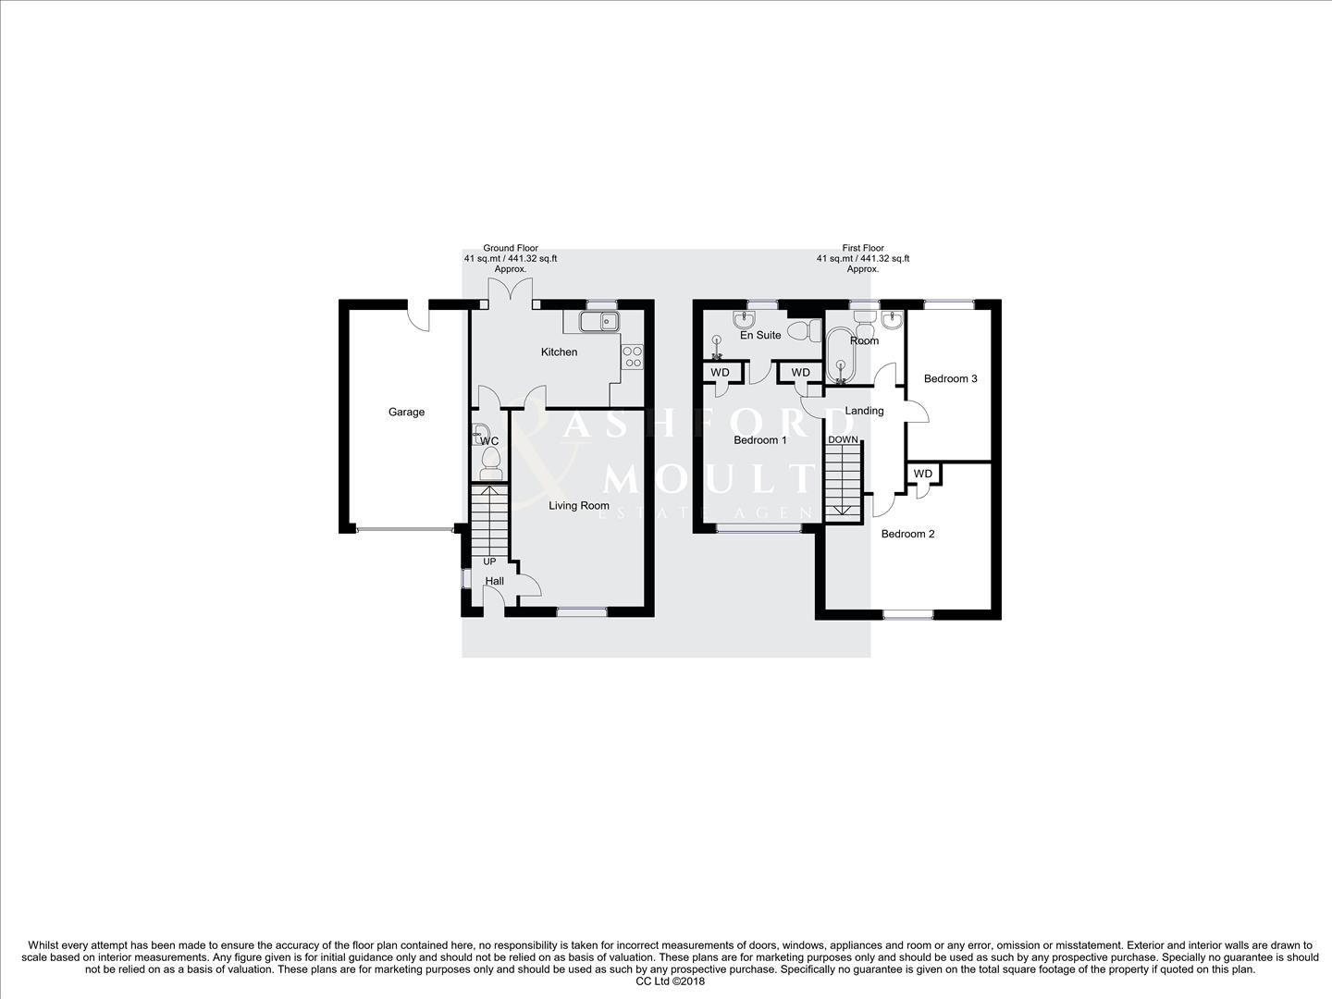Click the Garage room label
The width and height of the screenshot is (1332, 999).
tap(406, 412)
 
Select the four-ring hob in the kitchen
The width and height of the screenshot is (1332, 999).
tap(633, 356)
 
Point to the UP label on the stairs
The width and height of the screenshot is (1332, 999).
tap(489, 561)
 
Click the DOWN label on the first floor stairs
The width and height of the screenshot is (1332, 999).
tap(842, 439)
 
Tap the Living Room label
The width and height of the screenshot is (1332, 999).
tap(579, 506)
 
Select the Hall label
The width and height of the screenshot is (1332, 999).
tap(495, 581)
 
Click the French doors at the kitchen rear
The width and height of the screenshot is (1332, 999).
tap(511, 294)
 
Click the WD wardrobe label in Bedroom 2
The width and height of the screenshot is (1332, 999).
tap(922, 474)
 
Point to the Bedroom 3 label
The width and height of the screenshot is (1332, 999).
tap(950, 378)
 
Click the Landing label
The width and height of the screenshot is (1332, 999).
tap(865, 411)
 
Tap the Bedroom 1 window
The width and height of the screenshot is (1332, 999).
tap(759, 528)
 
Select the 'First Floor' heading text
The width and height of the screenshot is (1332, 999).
tap(862, 248)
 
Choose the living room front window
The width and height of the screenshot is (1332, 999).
tap(582, 610)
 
